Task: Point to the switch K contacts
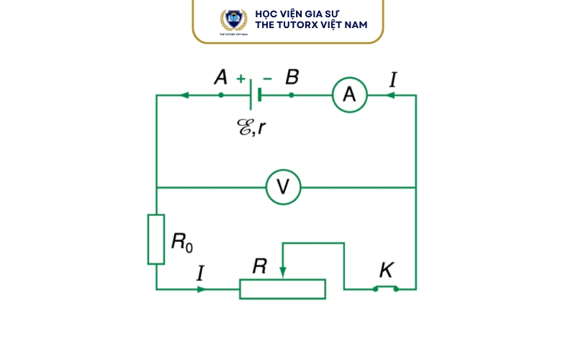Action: pyautogui.click(x=386, y=289)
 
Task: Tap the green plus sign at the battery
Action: pyautogui.click(x=240, y=78)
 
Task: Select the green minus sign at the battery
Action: pyautogui.click(x=267, y=78)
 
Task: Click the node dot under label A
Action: pyautogui.click(x=221, y=95)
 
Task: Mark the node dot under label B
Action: pyautogui.click(x=292, y=95)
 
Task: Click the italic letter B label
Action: pyautogui.click(x=292, y=77)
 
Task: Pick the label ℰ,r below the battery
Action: pyautogui.click(x=251, y=127)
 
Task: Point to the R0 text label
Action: pyautogui.click(x=182, y=243)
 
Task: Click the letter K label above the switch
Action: pyautogui.click(x=387, y=270)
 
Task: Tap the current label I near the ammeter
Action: pyautogui.click(x=393, y=79)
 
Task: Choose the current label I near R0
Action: pyautogui.click(x=200, y=273)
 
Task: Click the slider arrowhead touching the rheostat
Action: pyautogui.click(x=282, y=272)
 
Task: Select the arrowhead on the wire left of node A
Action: pyautogui.click(x=184, y=95)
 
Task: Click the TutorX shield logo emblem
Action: pyautogui.click(x=233, y=20)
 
